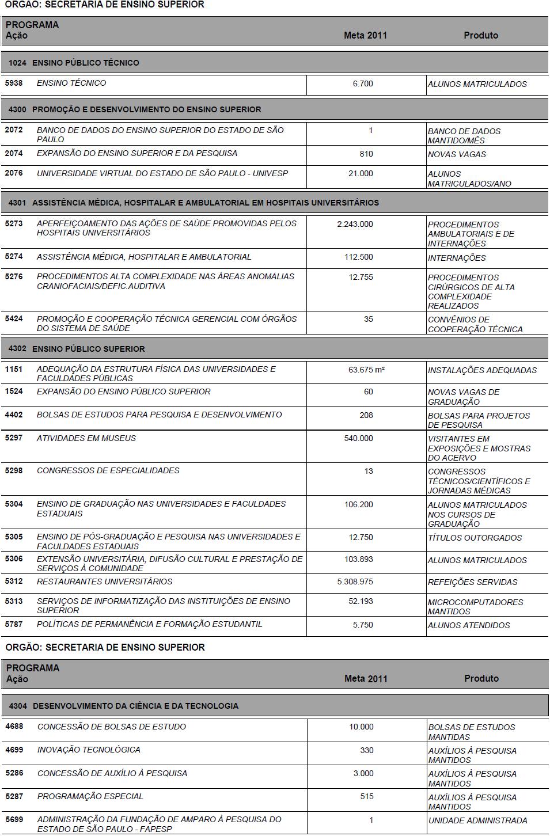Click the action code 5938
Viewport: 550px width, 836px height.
pos(14,83)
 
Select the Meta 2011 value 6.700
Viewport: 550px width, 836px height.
pos(363,83)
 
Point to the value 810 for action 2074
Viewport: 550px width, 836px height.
pos(366,154)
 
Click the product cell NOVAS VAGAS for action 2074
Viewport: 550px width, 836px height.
pos(457,154)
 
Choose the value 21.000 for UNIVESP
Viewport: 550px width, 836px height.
pos(361,173)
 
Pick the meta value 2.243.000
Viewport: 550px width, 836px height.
pos(355,224)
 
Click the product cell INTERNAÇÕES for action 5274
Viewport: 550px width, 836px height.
pos(457,258)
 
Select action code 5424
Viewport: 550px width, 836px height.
pos(14,318)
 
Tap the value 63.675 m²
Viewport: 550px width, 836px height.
pos(366,370)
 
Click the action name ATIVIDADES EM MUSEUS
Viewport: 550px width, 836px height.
pos(86,438)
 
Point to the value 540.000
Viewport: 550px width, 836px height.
pos(358,438)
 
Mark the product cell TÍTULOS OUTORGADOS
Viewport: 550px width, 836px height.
pos(475,538)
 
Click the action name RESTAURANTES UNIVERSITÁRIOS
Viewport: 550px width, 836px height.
pos(104,582)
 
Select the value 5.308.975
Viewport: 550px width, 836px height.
pos(355,582)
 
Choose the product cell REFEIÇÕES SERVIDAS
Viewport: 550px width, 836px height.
pos(472,582)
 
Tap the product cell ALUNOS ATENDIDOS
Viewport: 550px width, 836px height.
pos(469,625)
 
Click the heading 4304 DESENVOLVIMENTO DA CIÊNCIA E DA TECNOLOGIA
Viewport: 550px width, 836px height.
pos(135,706)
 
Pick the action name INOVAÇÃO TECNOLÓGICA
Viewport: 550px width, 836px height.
pos(89,750)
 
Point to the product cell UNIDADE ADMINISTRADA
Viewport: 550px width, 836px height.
pos(477,820)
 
